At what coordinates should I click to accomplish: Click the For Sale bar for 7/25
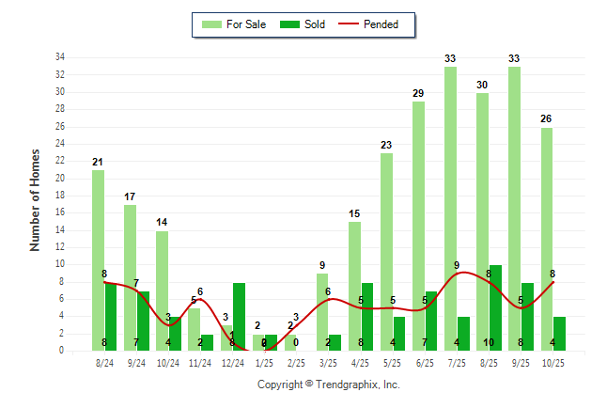pyautogui.click(x=451, y=208)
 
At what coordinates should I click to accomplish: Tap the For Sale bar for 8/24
pyautogui.click(x=98, y=259)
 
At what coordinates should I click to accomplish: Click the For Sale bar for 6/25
pyautogui.click(x=418, y=226)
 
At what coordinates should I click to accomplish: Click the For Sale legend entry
pyautogui.click(x=235, y=24)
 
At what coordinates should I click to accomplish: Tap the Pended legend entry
pyautogui.click(x=374, y=24)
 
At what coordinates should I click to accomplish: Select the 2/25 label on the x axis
pyautogui.click(x=295, y=362)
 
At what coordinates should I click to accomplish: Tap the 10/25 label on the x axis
pyautogui.click(x=552, y=362)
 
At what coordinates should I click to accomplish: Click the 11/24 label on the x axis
pyautogui.click(x=199, y=362)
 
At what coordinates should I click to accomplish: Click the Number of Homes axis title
pyautogui.click(x=36, y=199)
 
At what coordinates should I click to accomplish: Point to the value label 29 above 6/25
pyautogui.click(x=418, y=93)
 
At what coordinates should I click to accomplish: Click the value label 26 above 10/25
pyautogui.click(x=546, y=119)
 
